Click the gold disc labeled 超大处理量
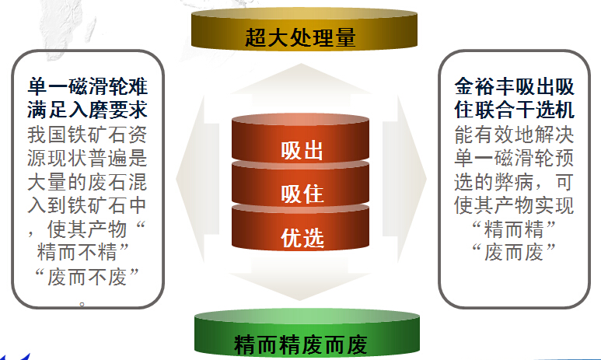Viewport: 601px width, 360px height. [304, 30]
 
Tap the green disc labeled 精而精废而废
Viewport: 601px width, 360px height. [307, 334]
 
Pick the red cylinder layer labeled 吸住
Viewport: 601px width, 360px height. [300, 185]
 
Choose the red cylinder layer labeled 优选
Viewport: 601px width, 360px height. [300, 229]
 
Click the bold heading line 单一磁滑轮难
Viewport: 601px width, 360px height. [87, 86]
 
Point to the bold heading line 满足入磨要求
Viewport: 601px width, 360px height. [87, 110]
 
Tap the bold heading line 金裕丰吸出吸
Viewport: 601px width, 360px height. [514, 86]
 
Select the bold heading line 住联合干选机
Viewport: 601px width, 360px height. [514, 110]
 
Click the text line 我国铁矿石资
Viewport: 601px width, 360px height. [87, 135]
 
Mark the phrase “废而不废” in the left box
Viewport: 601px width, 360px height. [86, 277]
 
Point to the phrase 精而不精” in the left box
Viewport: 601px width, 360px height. [82, 252]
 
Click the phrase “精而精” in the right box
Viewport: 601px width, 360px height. [514, 229]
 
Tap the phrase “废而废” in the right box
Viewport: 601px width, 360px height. [514, 252]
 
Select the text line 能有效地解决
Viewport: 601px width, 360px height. [514, 135]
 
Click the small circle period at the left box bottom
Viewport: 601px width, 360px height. [82, 305]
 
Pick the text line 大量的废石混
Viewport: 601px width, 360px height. [87, 182]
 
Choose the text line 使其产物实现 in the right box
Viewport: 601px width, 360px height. [514, 205]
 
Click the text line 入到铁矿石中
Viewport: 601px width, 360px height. [87, 205]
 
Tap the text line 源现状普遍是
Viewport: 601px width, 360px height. [87, 158]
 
